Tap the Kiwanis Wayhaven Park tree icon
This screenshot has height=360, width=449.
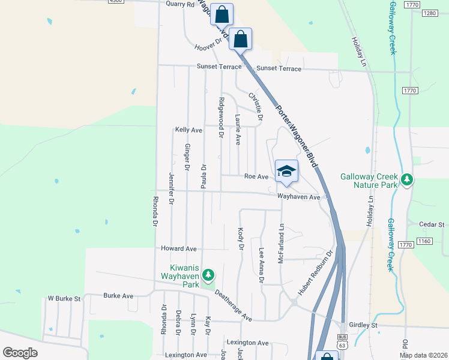coord(208,275)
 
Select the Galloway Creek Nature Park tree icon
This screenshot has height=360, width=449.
coord(407,179)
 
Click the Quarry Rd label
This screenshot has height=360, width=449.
coord(181,4)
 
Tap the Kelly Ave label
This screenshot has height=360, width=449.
coord(188,130)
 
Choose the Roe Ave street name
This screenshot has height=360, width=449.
coord(256,176)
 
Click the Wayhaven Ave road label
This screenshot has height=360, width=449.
coord(298,196)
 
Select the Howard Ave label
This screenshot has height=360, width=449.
coord(178,248)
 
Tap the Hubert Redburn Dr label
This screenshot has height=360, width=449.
coord(315,272)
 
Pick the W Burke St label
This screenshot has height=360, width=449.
coord(64,298)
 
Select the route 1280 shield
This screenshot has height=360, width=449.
coord(429,13)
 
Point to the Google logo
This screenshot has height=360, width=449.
coord(20,353)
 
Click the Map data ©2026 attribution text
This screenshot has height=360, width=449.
coord(423,355)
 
